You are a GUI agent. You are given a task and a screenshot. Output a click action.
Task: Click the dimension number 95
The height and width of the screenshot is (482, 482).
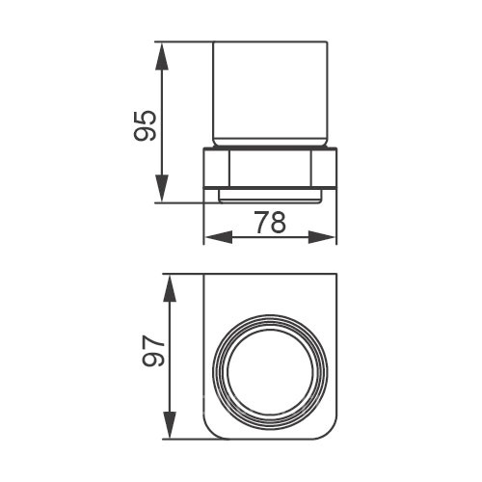(x=146, y=125)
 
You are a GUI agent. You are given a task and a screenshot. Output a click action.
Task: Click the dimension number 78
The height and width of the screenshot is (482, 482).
(x=271, y=223)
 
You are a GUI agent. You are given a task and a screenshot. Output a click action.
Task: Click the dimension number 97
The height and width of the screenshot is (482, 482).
(x=153, y=351)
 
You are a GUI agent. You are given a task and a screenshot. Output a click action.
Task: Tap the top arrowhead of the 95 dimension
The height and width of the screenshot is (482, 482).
(x=162, y=57)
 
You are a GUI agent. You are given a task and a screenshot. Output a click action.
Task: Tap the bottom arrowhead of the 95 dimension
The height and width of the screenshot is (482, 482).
(x=162, y=189)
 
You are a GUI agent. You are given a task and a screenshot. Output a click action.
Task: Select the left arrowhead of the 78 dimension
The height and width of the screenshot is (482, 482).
(x=219, y=237)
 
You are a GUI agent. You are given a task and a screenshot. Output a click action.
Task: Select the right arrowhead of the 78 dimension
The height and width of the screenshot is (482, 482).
(x=322, y=237)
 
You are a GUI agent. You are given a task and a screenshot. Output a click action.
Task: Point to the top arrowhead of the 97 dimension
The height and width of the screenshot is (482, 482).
(x=170, y=288)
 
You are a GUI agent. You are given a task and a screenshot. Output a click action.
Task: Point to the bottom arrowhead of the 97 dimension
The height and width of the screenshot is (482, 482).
(x=170, y=424)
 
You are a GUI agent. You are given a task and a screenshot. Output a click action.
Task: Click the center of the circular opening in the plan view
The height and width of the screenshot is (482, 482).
(x=270, y=370)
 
